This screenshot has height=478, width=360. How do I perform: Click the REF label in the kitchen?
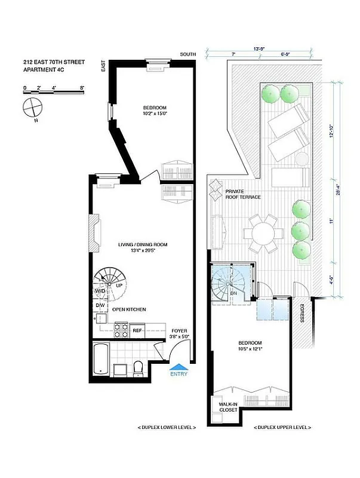[137, 330]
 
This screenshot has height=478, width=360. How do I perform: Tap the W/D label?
[100, 291]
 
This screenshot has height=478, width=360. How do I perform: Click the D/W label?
[100, 306]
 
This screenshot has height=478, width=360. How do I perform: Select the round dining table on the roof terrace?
[263, 232]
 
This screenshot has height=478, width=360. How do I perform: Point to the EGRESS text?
[302, 312]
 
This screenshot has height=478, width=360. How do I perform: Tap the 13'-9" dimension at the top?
[259, 48]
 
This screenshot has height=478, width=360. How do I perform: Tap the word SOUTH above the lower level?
[188, 54]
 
